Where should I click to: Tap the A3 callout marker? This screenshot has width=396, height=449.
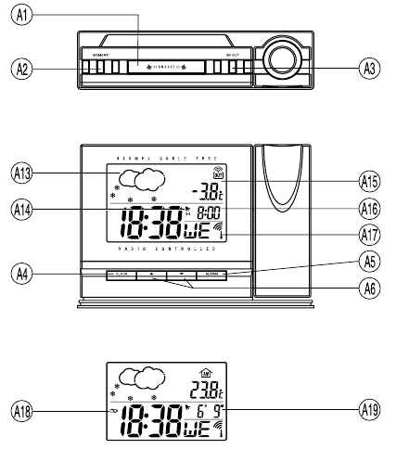click(370, 68)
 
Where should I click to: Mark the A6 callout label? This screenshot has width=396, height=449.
click(370, 286)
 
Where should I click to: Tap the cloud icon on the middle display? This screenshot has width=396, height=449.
click(135, 179)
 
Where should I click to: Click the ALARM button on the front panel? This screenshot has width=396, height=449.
click(211, 275)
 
